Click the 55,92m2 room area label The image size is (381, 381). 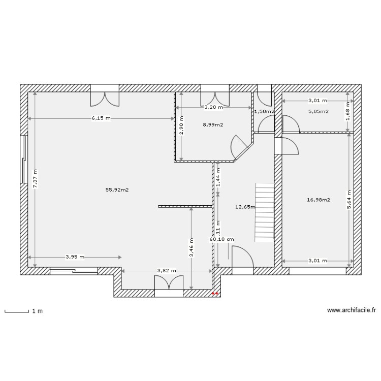click(117, 190)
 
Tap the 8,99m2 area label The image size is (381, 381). click(213, 124)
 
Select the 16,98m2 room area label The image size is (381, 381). click(319, 200)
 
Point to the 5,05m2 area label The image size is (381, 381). click(318, 111)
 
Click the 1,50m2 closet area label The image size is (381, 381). click(264, 111)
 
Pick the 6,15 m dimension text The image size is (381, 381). click(101, 118)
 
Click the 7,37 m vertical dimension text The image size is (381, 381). click(35, 179)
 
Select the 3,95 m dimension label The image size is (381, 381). click(75, 257)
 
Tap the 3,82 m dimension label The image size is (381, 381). click(167, 271)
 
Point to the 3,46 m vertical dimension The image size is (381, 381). click(191, 248)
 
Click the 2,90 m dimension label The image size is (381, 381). click(181, 125)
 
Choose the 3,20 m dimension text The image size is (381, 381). click(214, 108)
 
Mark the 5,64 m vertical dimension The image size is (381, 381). click(348, 200)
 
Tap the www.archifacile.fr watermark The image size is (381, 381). click(352, 310)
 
